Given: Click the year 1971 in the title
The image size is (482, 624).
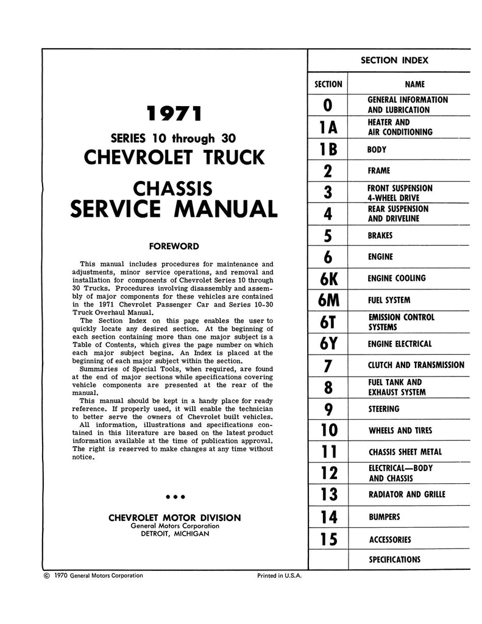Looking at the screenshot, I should [x=174, y=114].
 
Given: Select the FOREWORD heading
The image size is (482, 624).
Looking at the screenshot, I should [x=175, y=247].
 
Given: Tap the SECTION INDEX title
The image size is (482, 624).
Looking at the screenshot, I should [x=394, y=60].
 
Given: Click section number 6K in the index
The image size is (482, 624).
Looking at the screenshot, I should [x=328, y=278].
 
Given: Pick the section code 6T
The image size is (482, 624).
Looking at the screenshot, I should [x=328, y=322].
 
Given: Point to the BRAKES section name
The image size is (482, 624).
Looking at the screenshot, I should [x=380, y=235].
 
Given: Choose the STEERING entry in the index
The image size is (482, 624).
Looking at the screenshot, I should [x=384, y=409].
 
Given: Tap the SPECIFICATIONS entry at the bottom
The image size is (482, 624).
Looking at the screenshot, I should [x=394, y=559].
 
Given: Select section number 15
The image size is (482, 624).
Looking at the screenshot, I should [x=328, y=539].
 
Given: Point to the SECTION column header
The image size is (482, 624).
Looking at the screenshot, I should [x=328, y=84].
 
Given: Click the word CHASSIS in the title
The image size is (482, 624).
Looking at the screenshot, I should [x=174, y=186].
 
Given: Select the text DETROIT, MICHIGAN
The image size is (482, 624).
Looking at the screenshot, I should [x=174, y=533].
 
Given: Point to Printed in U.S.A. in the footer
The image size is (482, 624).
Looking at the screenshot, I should [x=276, y=575].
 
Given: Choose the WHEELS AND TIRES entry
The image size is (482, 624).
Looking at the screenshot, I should [x=400, y=431].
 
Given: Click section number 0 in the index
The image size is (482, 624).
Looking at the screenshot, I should [x=328, y=105].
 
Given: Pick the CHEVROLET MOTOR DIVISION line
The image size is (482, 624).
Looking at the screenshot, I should [x=174, y=518].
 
